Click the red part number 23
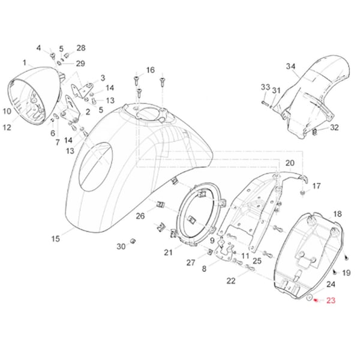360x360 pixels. click(332, 301)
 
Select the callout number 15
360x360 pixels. click(55, 239)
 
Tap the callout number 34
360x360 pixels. click(291, 66)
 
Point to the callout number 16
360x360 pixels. click(150, 70)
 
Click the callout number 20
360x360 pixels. click(290, 163)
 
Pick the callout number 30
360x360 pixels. click(121, 247)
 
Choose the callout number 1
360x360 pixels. click(25, 62)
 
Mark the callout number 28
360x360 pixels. click(81, 47)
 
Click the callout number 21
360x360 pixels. click(168, 252)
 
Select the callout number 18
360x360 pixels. click(337, 214)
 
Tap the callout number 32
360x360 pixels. click(335, 127)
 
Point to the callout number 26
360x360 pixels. click(140, 216)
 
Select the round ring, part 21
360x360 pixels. click(199, 216)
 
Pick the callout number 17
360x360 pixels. click(317, 185)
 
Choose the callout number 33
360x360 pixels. click(265, 88)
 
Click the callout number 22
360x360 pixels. click(231, 281)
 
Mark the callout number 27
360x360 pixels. click(191, 262)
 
